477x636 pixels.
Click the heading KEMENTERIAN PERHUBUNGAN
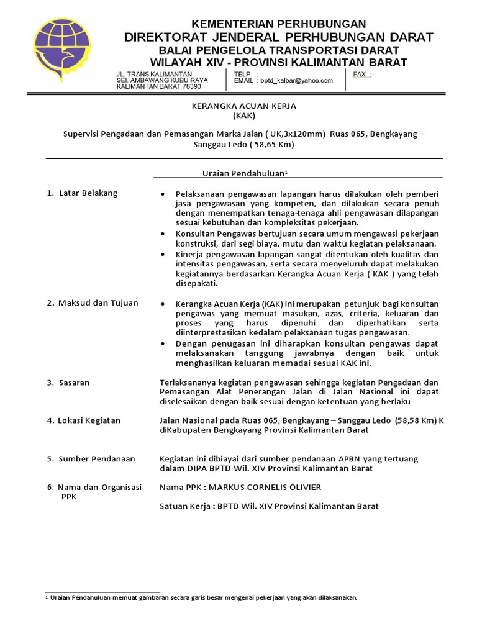278,24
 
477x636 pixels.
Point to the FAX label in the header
361,74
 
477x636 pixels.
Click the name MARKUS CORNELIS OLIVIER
267,487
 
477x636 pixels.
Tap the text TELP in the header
242,74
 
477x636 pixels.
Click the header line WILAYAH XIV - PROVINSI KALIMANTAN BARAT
278,62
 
